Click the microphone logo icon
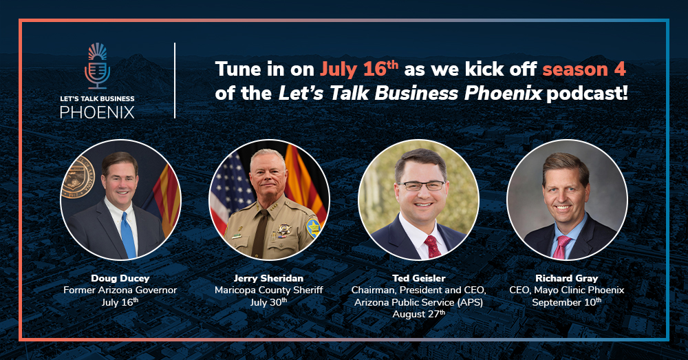[x=98, y=66]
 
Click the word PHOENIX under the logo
[x=97, y=112]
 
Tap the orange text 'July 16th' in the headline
[x=359, y=69]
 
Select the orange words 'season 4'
[x=584, y=70]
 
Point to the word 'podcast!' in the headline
[x=587, y=93]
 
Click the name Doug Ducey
[x=120, y=278]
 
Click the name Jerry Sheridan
[x=268, y=278]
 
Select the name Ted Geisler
[x=418, y=278]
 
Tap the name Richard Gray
[x=566, y=278]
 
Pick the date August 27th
[x=418, y=314]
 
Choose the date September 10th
[x=566, y=302]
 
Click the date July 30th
[x=268, y=302]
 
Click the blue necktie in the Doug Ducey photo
[x=128, y=235]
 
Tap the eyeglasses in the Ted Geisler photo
[x=421, y=186]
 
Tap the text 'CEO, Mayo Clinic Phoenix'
[x=566, y=290]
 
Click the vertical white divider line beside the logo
[x=175, y=81]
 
